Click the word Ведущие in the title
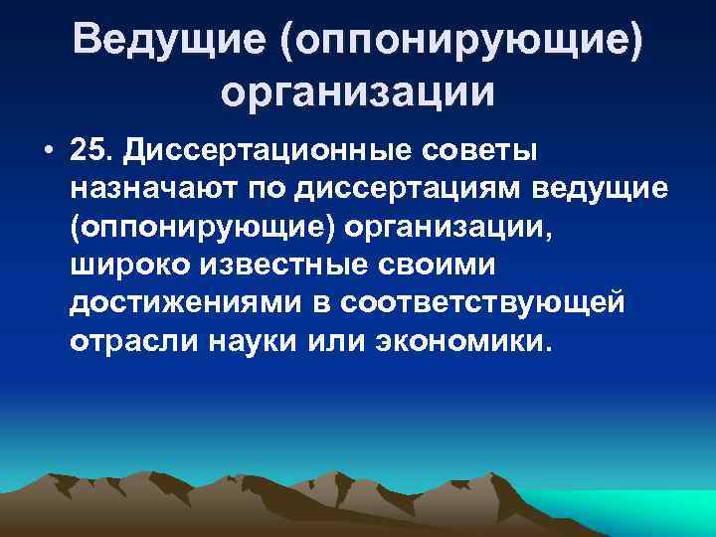pyautogui.click(x=168, y=41)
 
